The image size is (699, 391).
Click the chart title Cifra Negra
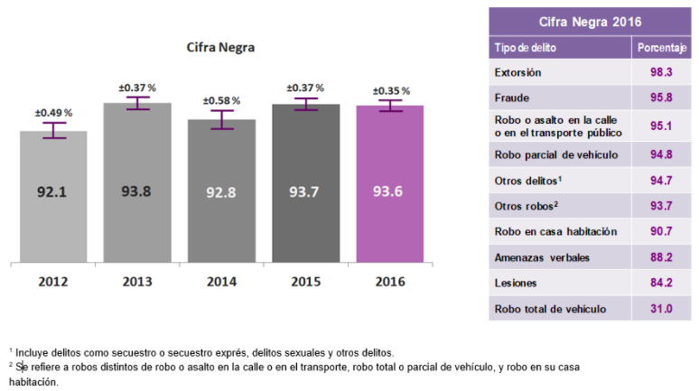(220, 47)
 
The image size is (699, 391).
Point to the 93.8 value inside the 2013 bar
(137, 191)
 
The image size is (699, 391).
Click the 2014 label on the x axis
(221, 282)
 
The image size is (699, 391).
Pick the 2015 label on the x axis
(306, 282)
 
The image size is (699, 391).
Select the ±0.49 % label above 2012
(53, 112)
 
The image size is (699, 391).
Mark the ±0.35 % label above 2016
(390, 91)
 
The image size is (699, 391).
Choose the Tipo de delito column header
(526, 47)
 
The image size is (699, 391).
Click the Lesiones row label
(517, 284)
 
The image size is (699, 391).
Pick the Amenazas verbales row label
(543, 258)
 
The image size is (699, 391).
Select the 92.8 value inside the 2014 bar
(221, 191)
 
